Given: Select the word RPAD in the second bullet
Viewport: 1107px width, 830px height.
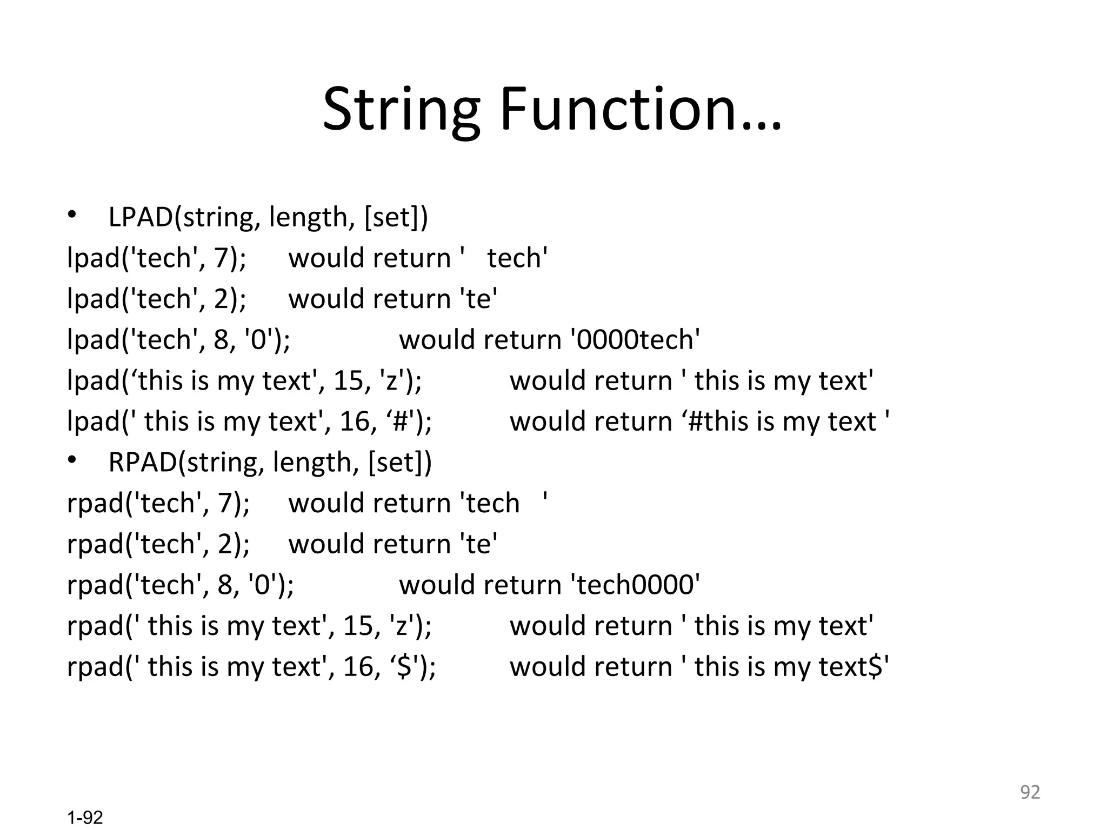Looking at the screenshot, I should (x=143, y=463).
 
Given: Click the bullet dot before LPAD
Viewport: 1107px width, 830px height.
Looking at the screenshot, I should (x=72, y=216).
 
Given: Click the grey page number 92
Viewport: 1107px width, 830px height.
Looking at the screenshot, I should (x=1030, y=792).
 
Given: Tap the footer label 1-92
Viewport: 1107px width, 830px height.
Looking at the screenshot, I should (x=85, y=818).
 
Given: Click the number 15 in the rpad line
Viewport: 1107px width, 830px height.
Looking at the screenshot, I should (x=358, y=626).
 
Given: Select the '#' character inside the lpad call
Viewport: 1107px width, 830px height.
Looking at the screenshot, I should (x=401, y=422).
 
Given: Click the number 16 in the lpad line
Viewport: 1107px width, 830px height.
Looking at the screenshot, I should (x=355, y=422).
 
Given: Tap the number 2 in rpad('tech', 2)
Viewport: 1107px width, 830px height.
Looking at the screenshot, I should (x=226, y=544).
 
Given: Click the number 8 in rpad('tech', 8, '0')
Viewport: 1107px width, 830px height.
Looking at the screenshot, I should (x=225, y=585).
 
